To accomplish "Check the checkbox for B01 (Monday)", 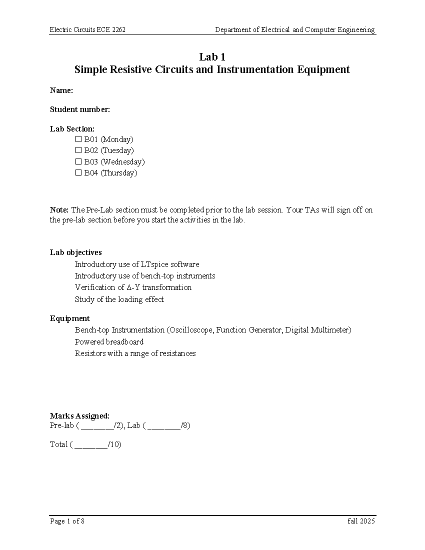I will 78,139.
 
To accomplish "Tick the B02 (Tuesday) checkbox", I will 78,151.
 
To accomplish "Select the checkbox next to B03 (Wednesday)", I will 78,162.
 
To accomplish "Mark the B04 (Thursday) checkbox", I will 78,173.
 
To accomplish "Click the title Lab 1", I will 212,57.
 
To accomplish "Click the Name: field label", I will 61,91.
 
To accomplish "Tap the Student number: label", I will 80,110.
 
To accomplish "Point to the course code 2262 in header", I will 119,30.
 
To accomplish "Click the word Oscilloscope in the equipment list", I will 190,330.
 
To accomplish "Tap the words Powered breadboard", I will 109,342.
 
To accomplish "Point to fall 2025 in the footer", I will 361,521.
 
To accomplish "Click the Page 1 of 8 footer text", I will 67,521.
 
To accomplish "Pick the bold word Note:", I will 59,210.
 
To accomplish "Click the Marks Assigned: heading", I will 80,416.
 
